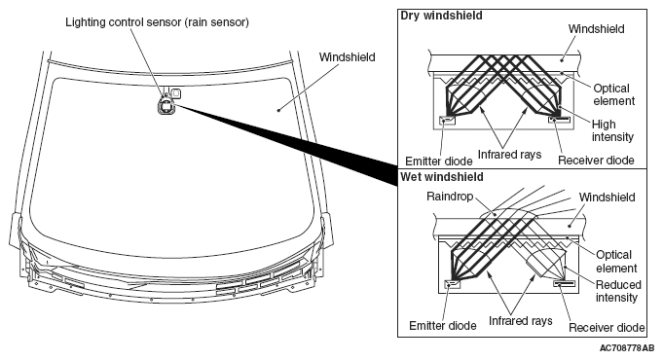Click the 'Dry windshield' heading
[x=441, y=16]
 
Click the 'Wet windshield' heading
[x=441, y=177]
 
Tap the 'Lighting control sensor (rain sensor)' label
[x=157, y=22]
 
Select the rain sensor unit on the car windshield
[x=166, y=104]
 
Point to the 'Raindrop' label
[x=450, y=197]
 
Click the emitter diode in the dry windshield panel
[x=448, y=121]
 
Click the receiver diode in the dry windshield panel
[x=559, y=120]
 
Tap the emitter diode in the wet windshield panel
[x=452, y=284]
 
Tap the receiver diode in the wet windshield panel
[x=565, y=283]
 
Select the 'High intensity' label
[x=612, y=130]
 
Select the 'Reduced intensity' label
[x=618, y=291]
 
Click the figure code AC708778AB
[x=627, y=348]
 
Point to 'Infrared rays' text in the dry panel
[x=509, y=155]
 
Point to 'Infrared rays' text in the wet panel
[x=521, y=321]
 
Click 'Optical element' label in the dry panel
[x=614, y=94]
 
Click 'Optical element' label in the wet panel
[x=616, y=262]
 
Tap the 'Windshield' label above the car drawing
[x=348, y=57]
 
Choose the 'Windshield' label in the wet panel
[x=608, y=198]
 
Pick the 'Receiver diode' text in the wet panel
[x=607, y=328]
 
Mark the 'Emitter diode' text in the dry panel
[x=439, y=161]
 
